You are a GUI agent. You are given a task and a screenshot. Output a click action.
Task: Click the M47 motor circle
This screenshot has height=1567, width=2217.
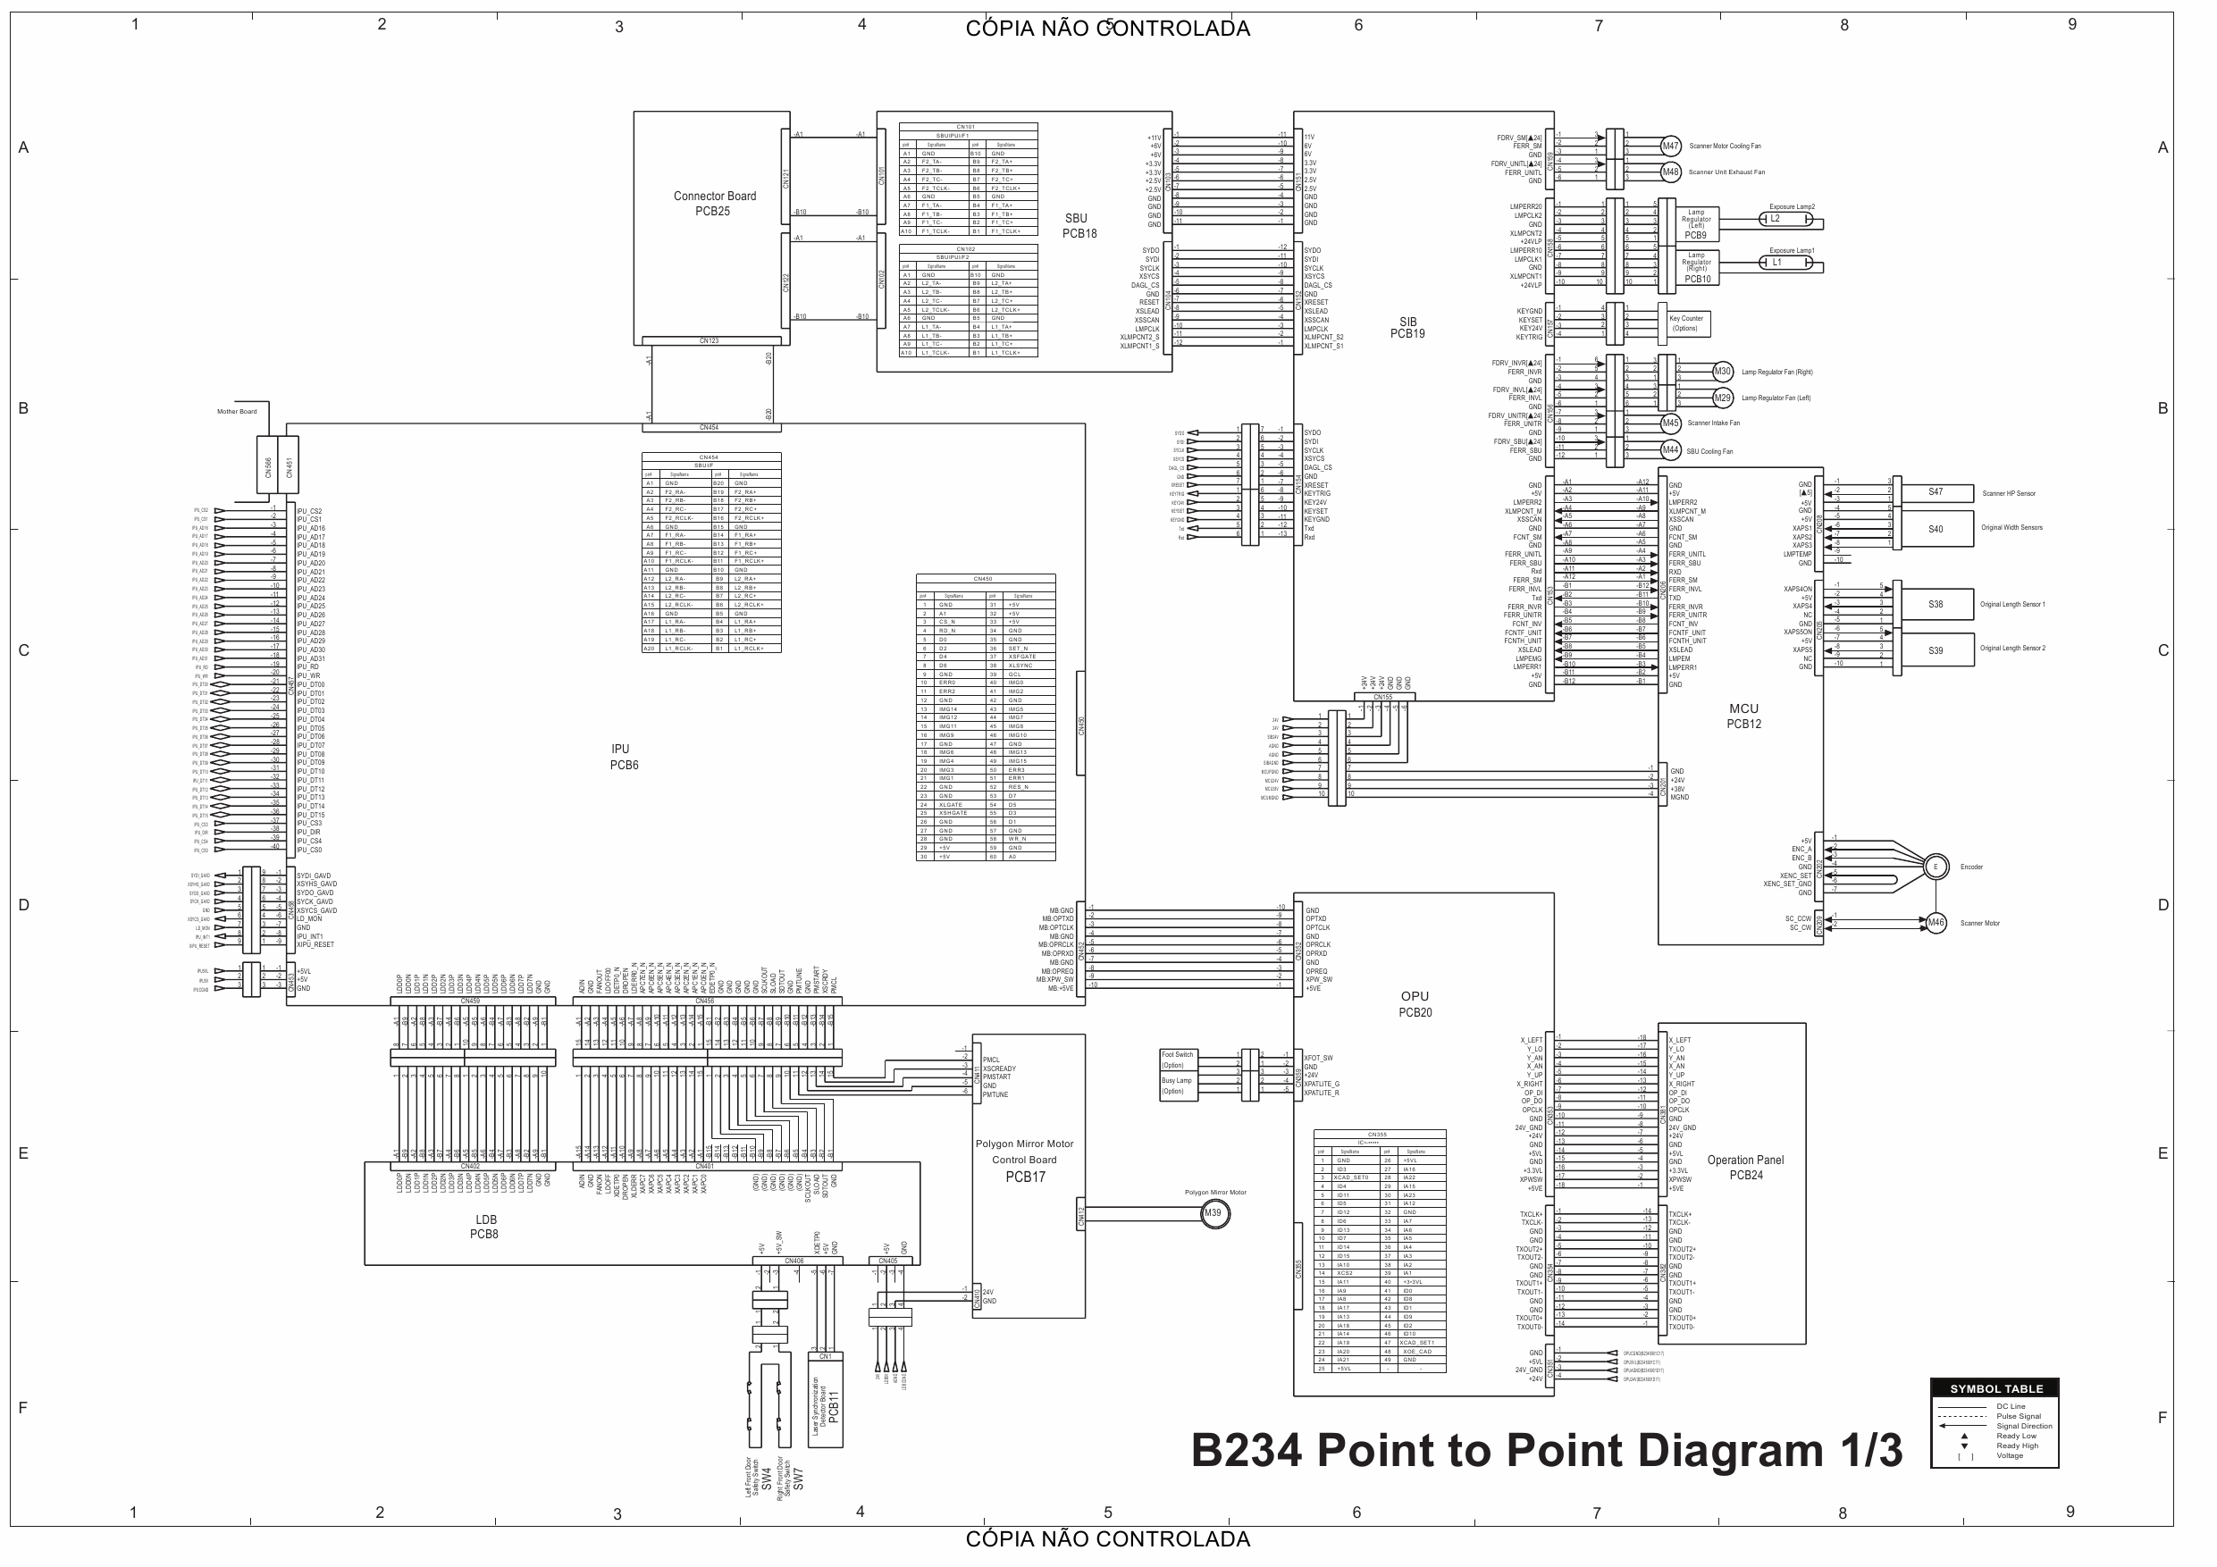(x=1669, y=147)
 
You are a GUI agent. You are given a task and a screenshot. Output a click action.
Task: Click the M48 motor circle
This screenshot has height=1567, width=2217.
(x=1669, y=172)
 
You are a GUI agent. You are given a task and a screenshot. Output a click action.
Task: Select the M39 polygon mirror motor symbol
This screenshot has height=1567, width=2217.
(x=1213, y=1213)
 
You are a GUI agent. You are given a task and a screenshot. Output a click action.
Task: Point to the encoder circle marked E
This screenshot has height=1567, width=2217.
(x=1935, y=867)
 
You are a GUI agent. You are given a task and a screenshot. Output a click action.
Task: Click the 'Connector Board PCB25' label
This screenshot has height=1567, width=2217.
(x=715, y=204)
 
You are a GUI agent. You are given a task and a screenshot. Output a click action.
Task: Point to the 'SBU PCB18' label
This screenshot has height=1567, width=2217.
(x=1078, y=226)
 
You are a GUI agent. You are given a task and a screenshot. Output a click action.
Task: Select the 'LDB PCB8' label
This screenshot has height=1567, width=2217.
(x=484, y=1228)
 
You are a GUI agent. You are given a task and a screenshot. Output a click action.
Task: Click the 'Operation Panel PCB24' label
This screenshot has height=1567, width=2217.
(x=1745, y=1168)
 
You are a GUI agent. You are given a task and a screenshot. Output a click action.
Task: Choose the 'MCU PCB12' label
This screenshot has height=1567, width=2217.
(x=1744, y=716)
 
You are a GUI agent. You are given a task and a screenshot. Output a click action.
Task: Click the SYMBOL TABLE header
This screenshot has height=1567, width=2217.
(x=1994, y=1388)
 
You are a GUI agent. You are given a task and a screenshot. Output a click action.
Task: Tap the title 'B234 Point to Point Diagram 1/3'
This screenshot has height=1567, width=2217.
(x=1546, y=1450)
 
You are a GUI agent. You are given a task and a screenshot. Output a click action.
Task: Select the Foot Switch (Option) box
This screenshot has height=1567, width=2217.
(x=1177, y=1060)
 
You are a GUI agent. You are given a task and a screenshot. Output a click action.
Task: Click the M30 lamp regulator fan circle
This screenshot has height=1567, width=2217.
(x=1723, y=372)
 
